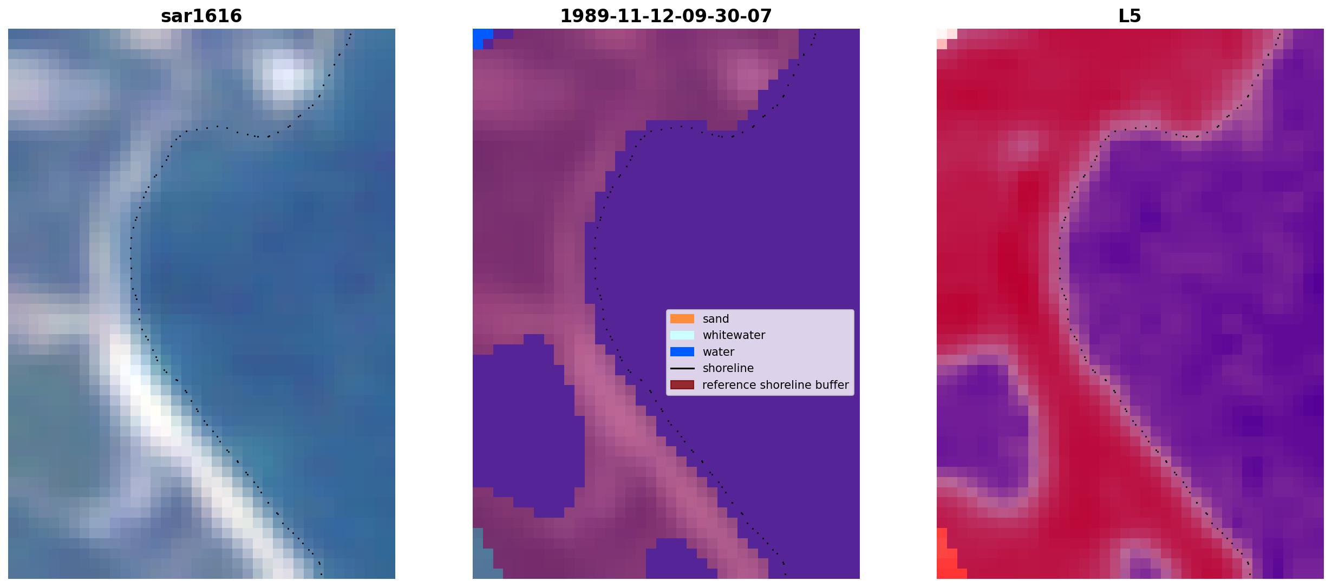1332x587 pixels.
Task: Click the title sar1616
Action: pyautogui.click(x=201, y=16)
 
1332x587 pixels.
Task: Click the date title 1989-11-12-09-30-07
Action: pyautogui.click(x=666, y=16)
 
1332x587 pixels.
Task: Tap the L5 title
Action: pyautogui.click(x=1130, y=16)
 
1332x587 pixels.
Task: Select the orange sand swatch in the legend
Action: pyautogui.click(x=682, y=319)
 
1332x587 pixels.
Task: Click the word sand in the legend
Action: pyautogui.click(x=716, y=319)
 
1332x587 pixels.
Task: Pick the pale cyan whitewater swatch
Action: pyautogui.click(x=682, y=335)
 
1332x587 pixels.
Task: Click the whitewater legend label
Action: pyautogui.click(x=734, y=335)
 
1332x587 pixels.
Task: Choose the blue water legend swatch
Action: pyautogui.click(x=682, y=352)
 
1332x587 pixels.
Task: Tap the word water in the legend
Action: pyautogui.click(x=719, y=352)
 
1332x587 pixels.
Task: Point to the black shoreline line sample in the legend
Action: pyautogui.click(x=682, y=368)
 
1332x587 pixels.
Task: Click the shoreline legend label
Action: pyautogui.click(x=728, y=368)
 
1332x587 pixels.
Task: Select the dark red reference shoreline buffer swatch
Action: pyautogui.click(x=682, y=385)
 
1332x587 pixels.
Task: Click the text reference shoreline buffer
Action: pyautogui.click(x=775, y=385)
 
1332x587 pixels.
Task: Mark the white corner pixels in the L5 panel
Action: pyautogui.click(x=945, y=37)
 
